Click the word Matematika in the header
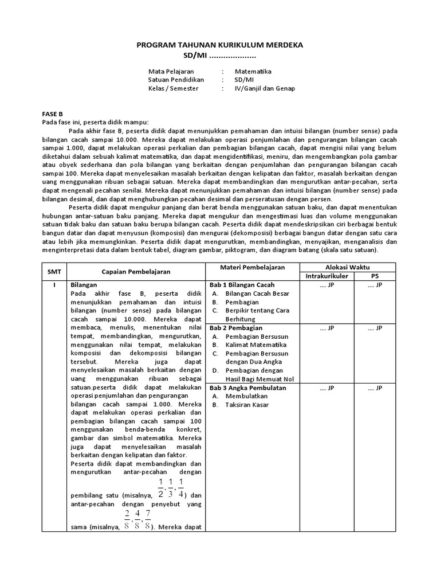click(x=253, y=72)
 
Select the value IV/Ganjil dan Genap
click(x=265, y=89)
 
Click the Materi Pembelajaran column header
click(x=252, y=267)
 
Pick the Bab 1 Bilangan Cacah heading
click(x=242, y=285)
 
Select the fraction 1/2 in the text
click(x=161, y=486)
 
